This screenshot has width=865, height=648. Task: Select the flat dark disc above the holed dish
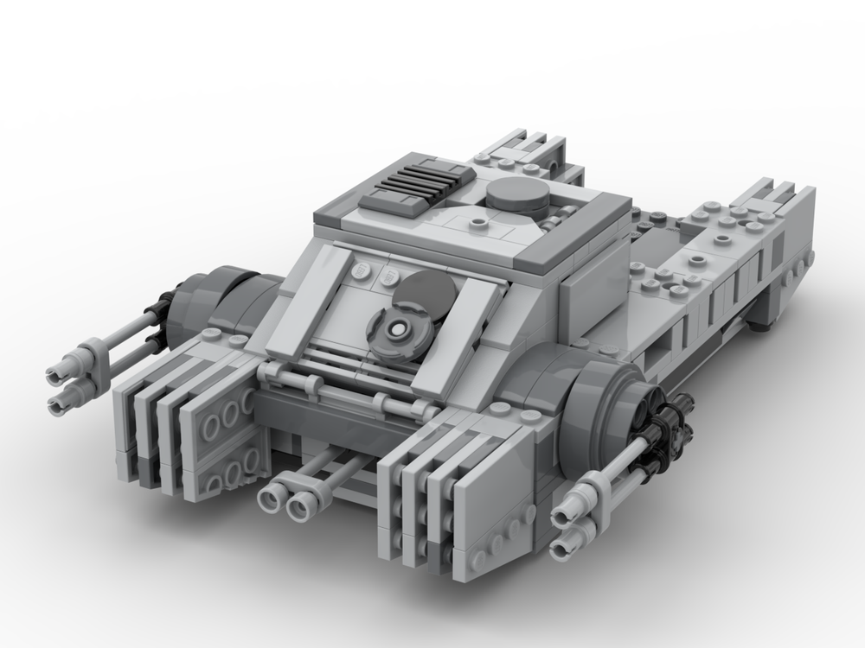[422, 292]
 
